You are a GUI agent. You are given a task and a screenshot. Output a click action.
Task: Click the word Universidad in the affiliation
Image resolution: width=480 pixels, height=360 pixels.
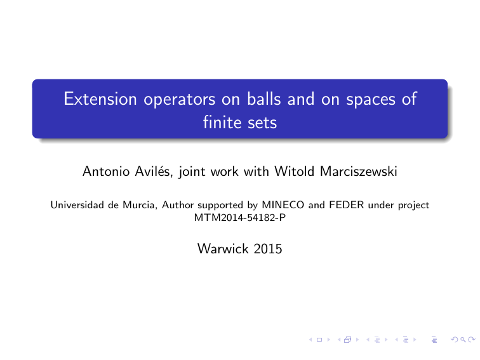click(x=74, y=205)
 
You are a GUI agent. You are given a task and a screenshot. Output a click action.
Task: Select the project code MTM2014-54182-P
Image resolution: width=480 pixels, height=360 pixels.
click(x=239, y=217)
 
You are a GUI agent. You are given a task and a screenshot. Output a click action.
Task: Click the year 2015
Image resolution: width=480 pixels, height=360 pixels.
click(x=267, y=250)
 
